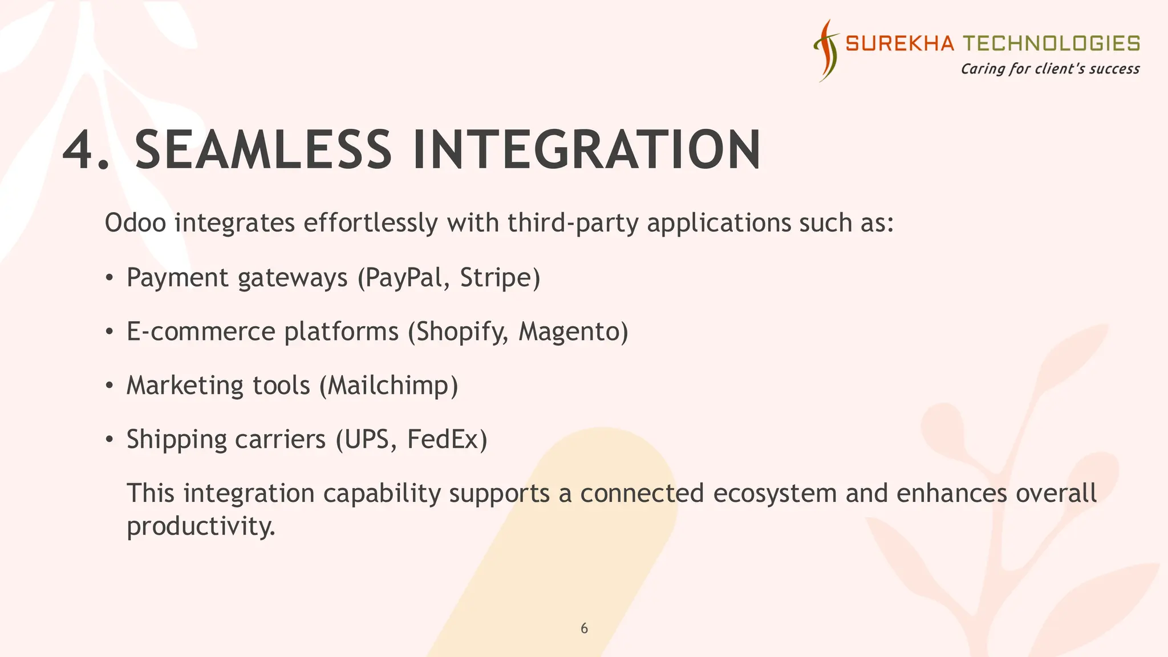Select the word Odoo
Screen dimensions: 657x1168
pos(135,222)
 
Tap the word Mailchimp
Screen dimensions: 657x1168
pos(388,386)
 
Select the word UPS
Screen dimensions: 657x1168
pos(367,439)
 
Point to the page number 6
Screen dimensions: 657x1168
pos(584,628)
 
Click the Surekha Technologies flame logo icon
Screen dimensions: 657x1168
pos(826,50)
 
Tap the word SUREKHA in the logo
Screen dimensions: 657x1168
pos(899,43)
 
